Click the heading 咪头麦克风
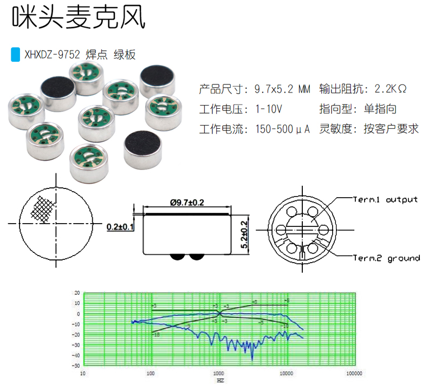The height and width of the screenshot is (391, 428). [79, 18]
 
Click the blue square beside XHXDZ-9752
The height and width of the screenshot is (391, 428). [16, 54]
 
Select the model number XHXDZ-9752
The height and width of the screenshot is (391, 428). [52, 55]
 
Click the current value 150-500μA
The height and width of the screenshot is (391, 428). [282, 129]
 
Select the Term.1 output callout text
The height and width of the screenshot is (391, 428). [385, 199]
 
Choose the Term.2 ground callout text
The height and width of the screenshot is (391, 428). [386, 258]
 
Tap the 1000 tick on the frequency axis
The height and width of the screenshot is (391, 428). [219, 374]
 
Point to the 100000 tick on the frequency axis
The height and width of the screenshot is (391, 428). [354, 374]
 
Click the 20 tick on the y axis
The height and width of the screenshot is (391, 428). [77, 293]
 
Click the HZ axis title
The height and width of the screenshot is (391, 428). [219, 381]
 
